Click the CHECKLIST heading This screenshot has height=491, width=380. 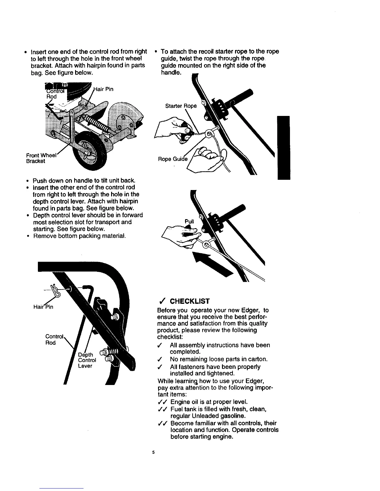(190, 301)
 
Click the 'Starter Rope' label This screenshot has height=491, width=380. (181, 106)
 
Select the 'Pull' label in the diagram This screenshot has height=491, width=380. (189, 222)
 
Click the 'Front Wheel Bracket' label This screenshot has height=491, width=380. (41, 158)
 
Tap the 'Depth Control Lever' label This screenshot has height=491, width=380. (87, 360)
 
